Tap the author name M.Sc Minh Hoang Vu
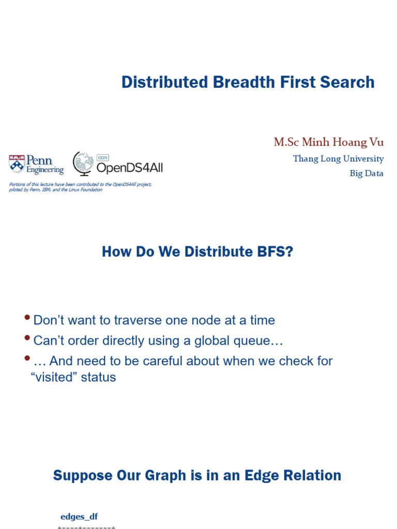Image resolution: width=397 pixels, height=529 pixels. click(329, 142)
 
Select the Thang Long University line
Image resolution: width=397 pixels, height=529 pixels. click(338, 159)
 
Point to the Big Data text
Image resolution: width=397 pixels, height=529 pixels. click(367, 174)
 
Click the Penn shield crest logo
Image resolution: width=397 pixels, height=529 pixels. click(17, 164)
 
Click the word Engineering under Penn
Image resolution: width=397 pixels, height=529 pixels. click(45, 170)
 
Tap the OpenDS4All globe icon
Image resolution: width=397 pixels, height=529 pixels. click(83, 163)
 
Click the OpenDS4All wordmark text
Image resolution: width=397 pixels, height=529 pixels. click(129, 167)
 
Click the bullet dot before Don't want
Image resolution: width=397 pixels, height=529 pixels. click(27, 317)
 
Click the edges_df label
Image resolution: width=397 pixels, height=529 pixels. click(79, 517)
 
